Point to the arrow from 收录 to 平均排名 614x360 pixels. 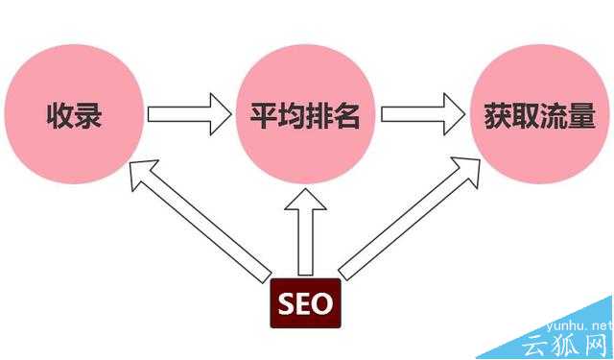click(x=190, y=115)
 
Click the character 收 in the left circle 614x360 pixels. click(x=59, y=117)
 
